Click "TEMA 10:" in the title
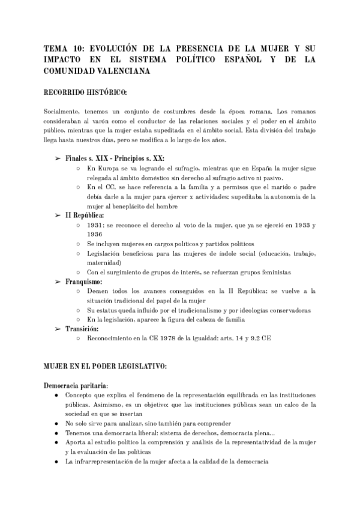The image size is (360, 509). pyautogui.click(x=64, y=49)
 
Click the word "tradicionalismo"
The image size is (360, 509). pyautogui.click(x=191, y=310)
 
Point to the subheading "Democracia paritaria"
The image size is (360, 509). pyautogui.click(x=76, y=385)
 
